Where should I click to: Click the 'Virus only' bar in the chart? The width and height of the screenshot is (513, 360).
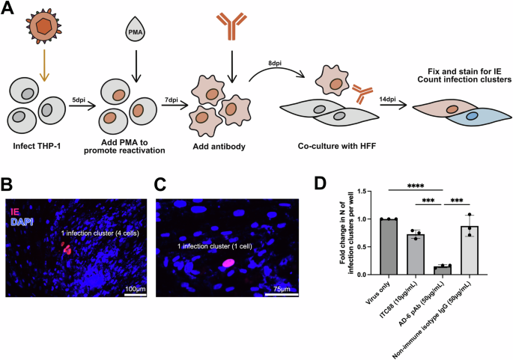click(389, 247)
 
